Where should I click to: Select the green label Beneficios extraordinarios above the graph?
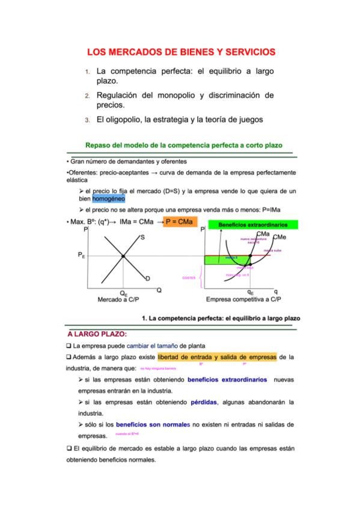pos(252,225)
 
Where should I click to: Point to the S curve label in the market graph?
pos(142,238)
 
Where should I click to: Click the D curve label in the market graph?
pos(147,278)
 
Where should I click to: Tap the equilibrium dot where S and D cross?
pos(123,257)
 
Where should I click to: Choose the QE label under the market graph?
pos(123,293)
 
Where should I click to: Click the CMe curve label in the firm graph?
pos(287,238)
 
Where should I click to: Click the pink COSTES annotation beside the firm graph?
pos(189,278)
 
